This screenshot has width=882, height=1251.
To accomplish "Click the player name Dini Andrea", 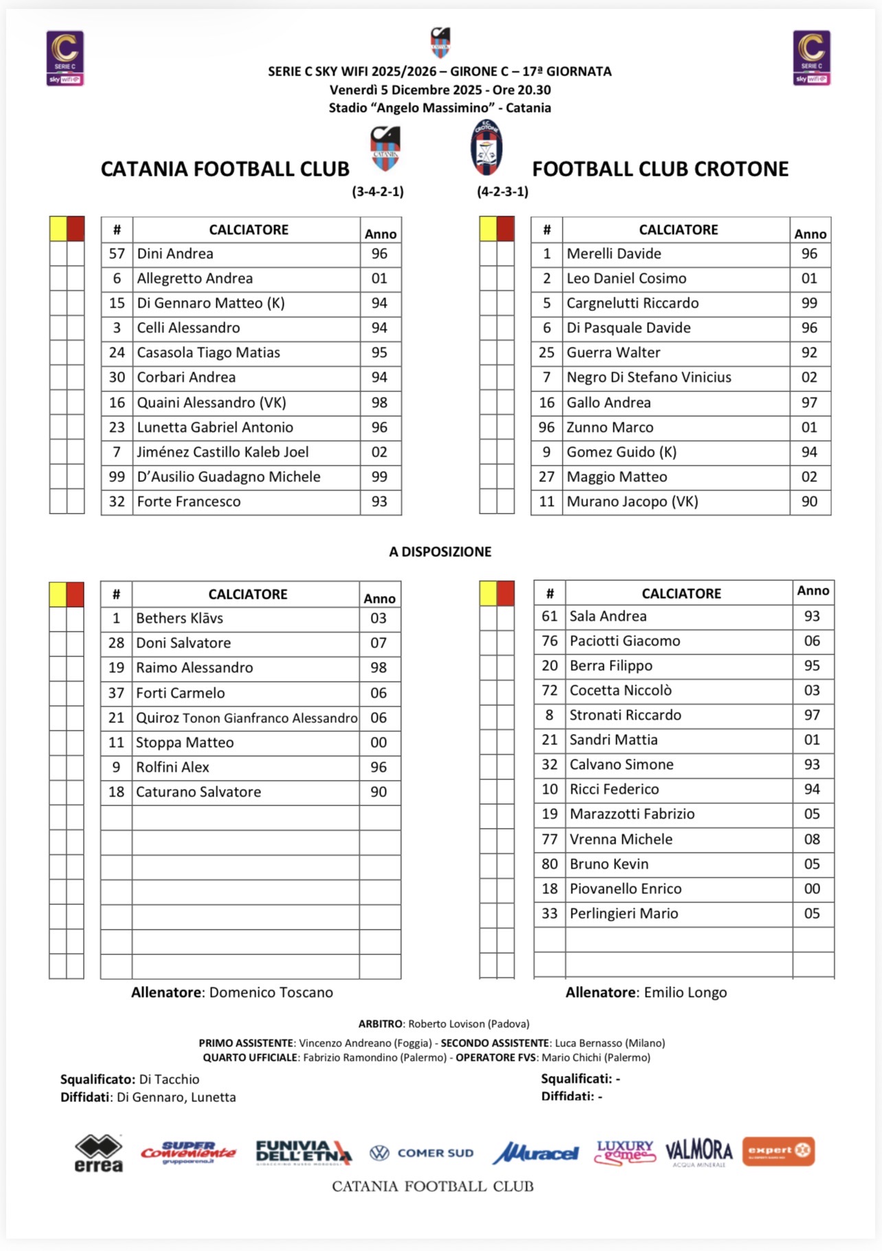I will point(175,254).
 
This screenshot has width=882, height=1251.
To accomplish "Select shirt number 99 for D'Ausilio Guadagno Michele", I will point(117,477).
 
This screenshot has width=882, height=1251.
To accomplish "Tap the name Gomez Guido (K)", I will point(621,452).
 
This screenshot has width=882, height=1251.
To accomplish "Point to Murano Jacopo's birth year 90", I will point(809,502).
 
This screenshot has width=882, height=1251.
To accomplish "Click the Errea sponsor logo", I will point(99,1153).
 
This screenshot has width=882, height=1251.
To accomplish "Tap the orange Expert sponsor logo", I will point(778,1151).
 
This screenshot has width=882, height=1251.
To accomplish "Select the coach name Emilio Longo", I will point(685,993).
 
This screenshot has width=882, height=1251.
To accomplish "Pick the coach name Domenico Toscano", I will point(271,993).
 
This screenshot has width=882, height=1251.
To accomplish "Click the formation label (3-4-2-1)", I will point(378,192).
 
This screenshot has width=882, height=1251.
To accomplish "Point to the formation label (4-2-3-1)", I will point(503,192).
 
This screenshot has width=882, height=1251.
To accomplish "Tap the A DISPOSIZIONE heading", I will point(440,552).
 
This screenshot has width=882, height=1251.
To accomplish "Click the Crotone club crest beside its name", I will point(486,148).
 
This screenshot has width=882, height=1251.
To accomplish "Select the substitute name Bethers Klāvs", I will point(179,619).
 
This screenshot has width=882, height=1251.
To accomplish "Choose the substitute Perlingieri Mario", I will point(624,914).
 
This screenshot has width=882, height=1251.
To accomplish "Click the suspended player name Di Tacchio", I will point(169,1079).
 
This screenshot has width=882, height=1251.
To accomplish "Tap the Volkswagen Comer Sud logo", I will point(422,1154).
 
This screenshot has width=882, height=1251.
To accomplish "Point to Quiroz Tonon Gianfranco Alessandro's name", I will point(247,718).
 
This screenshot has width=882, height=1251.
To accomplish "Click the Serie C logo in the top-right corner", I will point(811,58).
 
